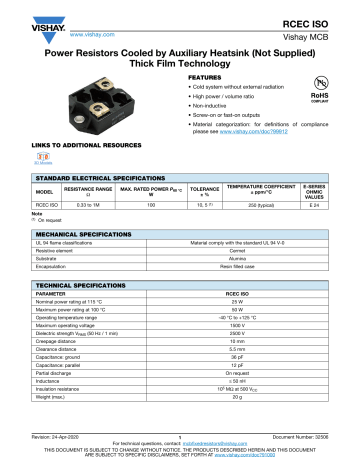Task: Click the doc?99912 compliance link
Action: (277, 130)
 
